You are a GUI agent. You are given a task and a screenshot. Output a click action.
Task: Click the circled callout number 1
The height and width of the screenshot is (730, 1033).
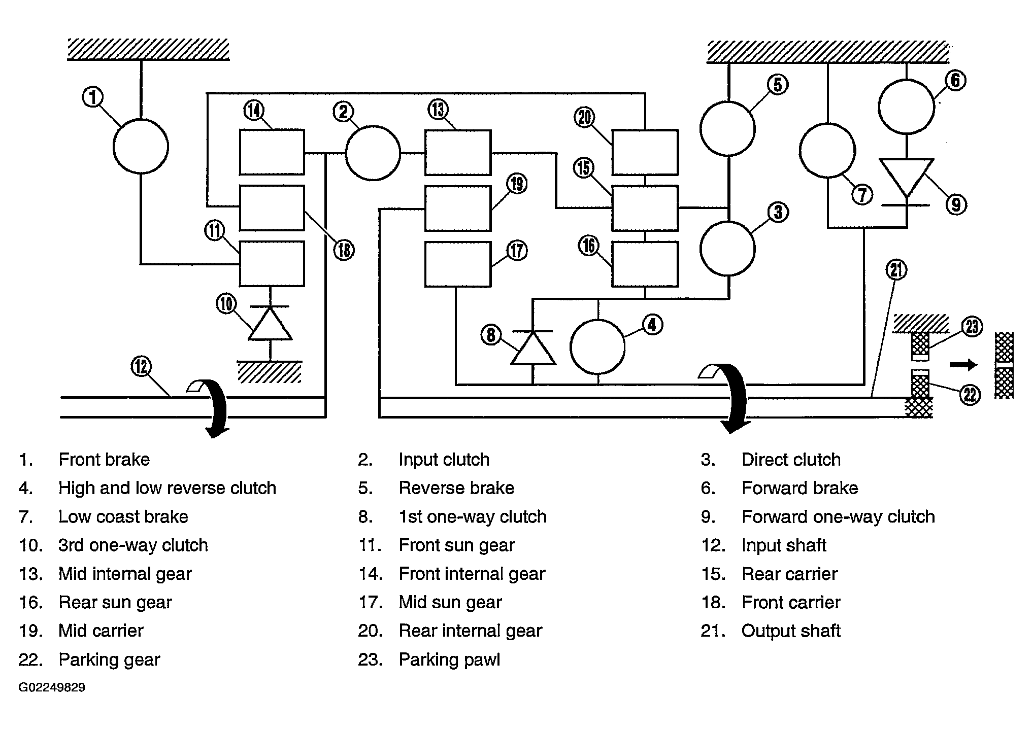tap(93, 97)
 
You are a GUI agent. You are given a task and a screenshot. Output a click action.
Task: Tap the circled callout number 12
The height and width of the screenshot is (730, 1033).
tap(141, 366)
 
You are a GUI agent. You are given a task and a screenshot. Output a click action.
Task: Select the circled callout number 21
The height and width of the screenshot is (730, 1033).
tap(896, 270)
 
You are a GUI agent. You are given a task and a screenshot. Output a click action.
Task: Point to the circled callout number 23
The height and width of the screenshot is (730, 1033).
tap(972, 327)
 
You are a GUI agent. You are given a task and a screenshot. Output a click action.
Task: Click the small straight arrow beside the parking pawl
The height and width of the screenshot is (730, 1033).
tap(963, 365)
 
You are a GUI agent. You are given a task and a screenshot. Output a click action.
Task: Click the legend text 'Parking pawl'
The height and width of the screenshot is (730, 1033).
tap(449, 659)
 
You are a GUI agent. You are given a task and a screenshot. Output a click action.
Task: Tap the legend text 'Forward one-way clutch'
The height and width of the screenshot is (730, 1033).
tap(838, 517)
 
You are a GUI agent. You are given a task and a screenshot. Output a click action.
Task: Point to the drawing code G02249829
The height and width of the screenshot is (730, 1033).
tap(52, 688)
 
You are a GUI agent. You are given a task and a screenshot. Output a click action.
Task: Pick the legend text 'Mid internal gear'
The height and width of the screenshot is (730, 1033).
tap(125, 574)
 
